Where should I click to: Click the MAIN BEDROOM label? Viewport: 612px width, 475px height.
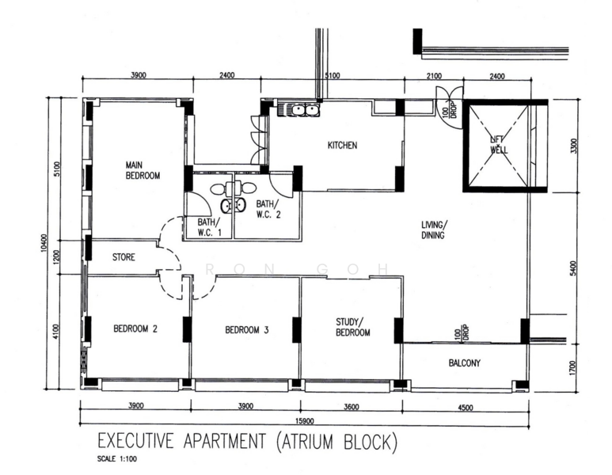(x=143, y=170)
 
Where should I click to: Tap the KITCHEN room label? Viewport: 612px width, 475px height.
(x=342, y=145)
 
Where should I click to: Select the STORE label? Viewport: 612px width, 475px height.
(x=124, y=256)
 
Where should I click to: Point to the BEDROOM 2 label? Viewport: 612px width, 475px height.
(x=135, y=329)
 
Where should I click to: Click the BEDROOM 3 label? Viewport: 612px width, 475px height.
(x=247, y=330)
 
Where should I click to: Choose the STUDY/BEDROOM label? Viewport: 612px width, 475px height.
(x=353, y=327)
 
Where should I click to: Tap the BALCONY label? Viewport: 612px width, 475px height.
(x=465, y=363)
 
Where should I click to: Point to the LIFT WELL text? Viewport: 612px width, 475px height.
(x=499, y=144)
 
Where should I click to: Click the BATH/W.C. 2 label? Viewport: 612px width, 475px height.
(x=268, y=209)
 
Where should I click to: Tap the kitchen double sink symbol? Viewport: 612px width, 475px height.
(x=298, y=110)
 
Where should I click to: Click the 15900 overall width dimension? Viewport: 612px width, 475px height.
(x=305, y=421)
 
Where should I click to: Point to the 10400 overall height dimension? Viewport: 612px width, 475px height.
(x=44, y=243)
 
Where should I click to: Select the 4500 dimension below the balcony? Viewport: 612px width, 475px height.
(x=465, y=408)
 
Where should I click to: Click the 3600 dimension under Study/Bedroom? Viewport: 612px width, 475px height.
(x=352, y=407)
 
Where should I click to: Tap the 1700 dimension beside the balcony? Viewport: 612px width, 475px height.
(x=572, y=367)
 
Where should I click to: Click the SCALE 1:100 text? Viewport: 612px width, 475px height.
(x=117, y=459)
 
